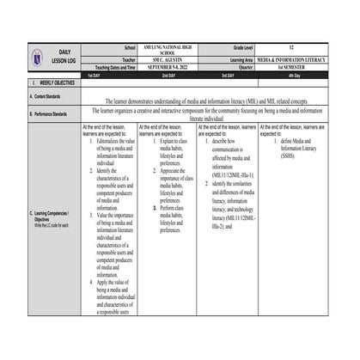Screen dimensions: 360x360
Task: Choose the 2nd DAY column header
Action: pos(168,76)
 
